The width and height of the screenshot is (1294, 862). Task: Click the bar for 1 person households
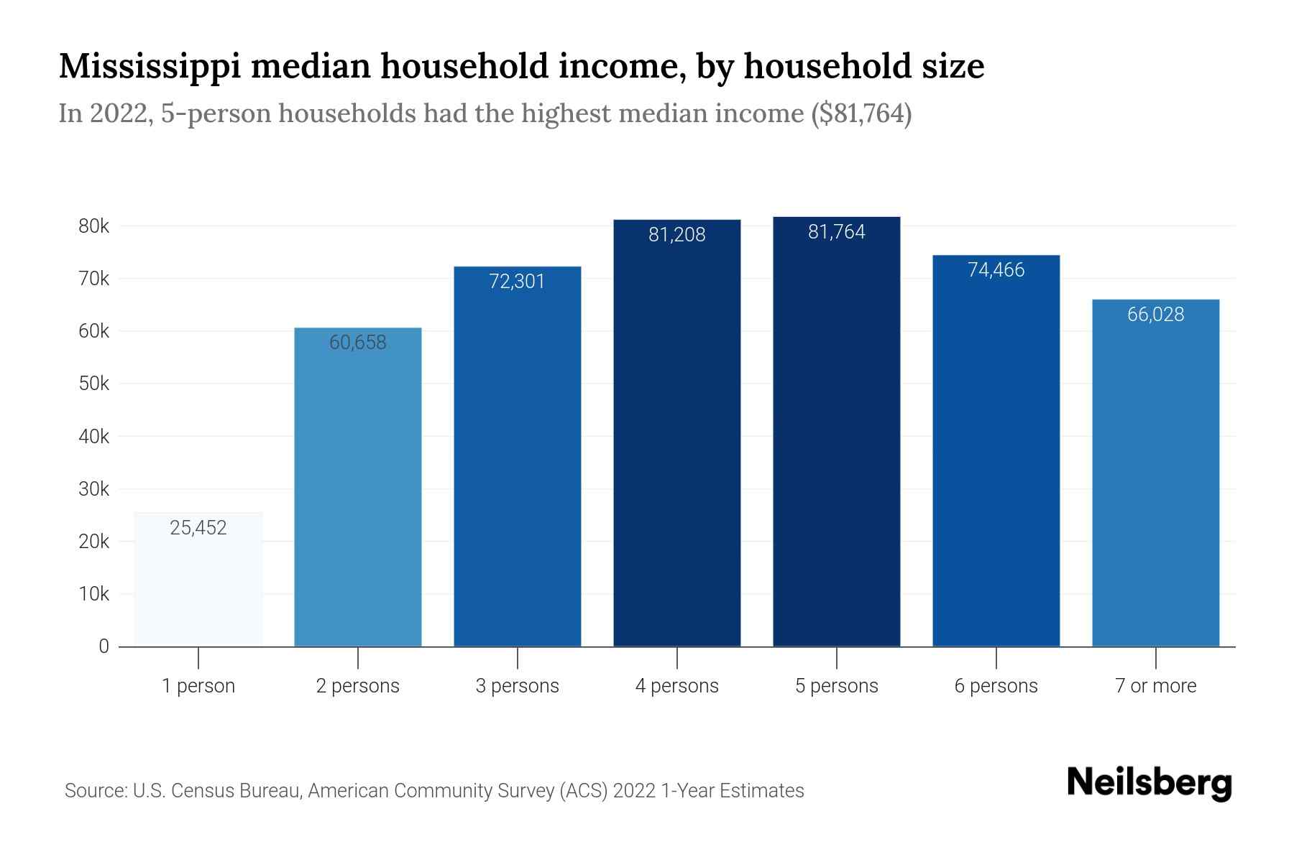(x=198, y=579)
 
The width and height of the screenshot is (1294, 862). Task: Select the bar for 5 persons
(x=836, y=431)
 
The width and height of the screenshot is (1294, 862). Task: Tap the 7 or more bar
(x=1155, y=473)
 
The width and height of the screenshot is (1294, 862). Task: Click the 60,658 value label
(x=358, y=343)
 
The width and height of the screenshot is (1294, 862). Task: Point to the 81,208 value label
(x=676, y=235)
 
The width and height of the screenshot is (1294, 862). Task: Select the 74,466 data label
(x=996, y=270)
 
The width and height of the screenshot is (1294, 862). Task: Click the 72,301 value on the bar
(x=517, y=282)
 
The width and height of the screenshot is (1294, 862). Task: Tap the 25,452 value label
(x=198, y=528)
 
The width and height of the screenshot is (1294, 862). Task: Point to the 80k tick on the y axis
(x=93, y=226)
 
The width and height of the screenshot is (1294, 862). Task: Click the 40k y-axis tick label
(x=93, y=437)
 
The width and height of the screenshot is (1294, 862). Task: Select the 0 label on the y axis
(x=104, y=646)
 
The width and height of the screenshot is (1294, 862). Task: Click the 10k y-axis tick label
(x=93, y=594)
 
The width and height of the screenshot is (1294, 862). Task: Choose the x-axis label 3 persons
(x=517, y=686)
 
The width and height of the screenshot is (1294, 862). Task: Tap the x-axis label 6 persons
(x=996, y=686)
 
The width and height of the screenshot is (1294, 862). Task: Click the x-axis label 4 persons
(x=676, y=686)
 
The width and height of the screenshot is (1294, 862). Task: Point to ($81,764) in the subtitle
(x=861, y=113)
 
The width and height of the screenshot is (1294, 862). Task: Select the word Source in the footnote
(x=95, y=791)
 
